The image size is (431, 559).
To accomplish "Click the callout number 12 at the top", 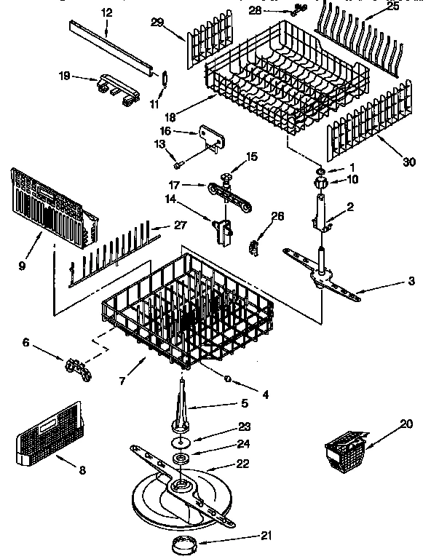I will pos(107,12).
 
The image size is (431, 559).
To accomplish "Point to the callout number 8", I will pos(82,471).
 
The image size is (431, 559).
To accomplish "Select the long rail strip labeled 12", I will pos(113,47).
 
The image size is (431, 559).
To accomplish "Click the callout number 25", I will pos(392,7).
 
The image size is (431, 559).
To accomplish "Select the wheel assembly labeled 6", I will pos(78,368).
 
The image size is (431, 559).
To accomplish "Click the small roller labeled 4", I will pos(228,378).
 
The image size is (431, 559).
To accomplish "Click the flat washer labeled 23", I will pos(178,441).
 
